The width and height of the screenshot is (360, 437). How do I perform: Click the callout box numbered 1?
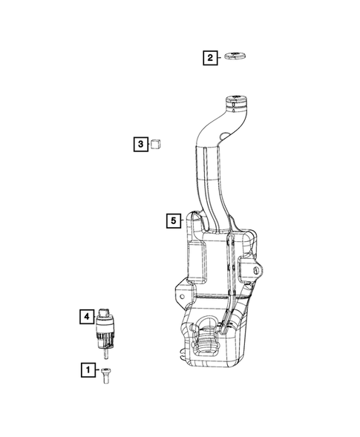[x=88, y=369]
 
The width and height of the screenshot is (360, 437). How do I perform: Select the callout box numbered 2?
[x=210, y=57]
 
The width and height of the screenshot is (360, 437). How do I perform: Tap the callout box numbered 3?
[x=140, y=144]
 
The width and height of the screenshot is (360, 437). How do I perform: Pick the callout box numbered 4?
[x=87, y=318]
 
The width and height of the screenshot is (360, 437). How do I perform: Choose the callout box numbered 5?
[x=172, y=220]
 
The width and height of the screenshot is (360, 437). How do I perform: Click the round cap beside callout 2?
[x=236, y=57]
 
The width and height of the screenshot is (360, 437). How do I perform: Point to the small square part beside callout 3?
[x=156, y=143]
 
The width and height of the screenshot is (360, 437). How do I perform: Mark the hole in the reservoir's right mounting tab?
[x=255, y=272]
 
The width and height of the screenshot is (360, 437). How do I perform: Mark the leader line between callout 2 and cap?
[x=222, y=57]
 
